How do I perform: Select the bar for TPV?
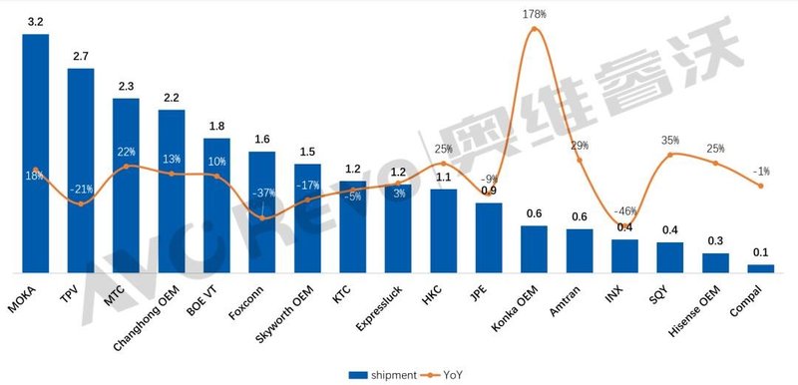tap(81, 170)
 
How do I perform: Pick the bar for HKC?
tap(443, 230)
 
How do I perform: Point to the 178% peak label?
tap(535, 13)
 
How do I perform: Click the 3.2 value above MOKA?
tap(35, 21)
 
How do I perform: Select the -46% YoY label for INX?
tap(625, 211)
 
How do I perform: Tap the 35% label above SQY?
tap(670, 141)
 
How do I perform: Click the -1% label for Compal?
tap(761, 171)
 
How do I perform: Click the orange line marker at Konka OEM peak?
tap(534, 28)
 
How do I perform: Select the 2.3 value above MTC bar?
tap(126, 87)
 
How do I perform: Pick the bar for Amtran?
tap(580, 249)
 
